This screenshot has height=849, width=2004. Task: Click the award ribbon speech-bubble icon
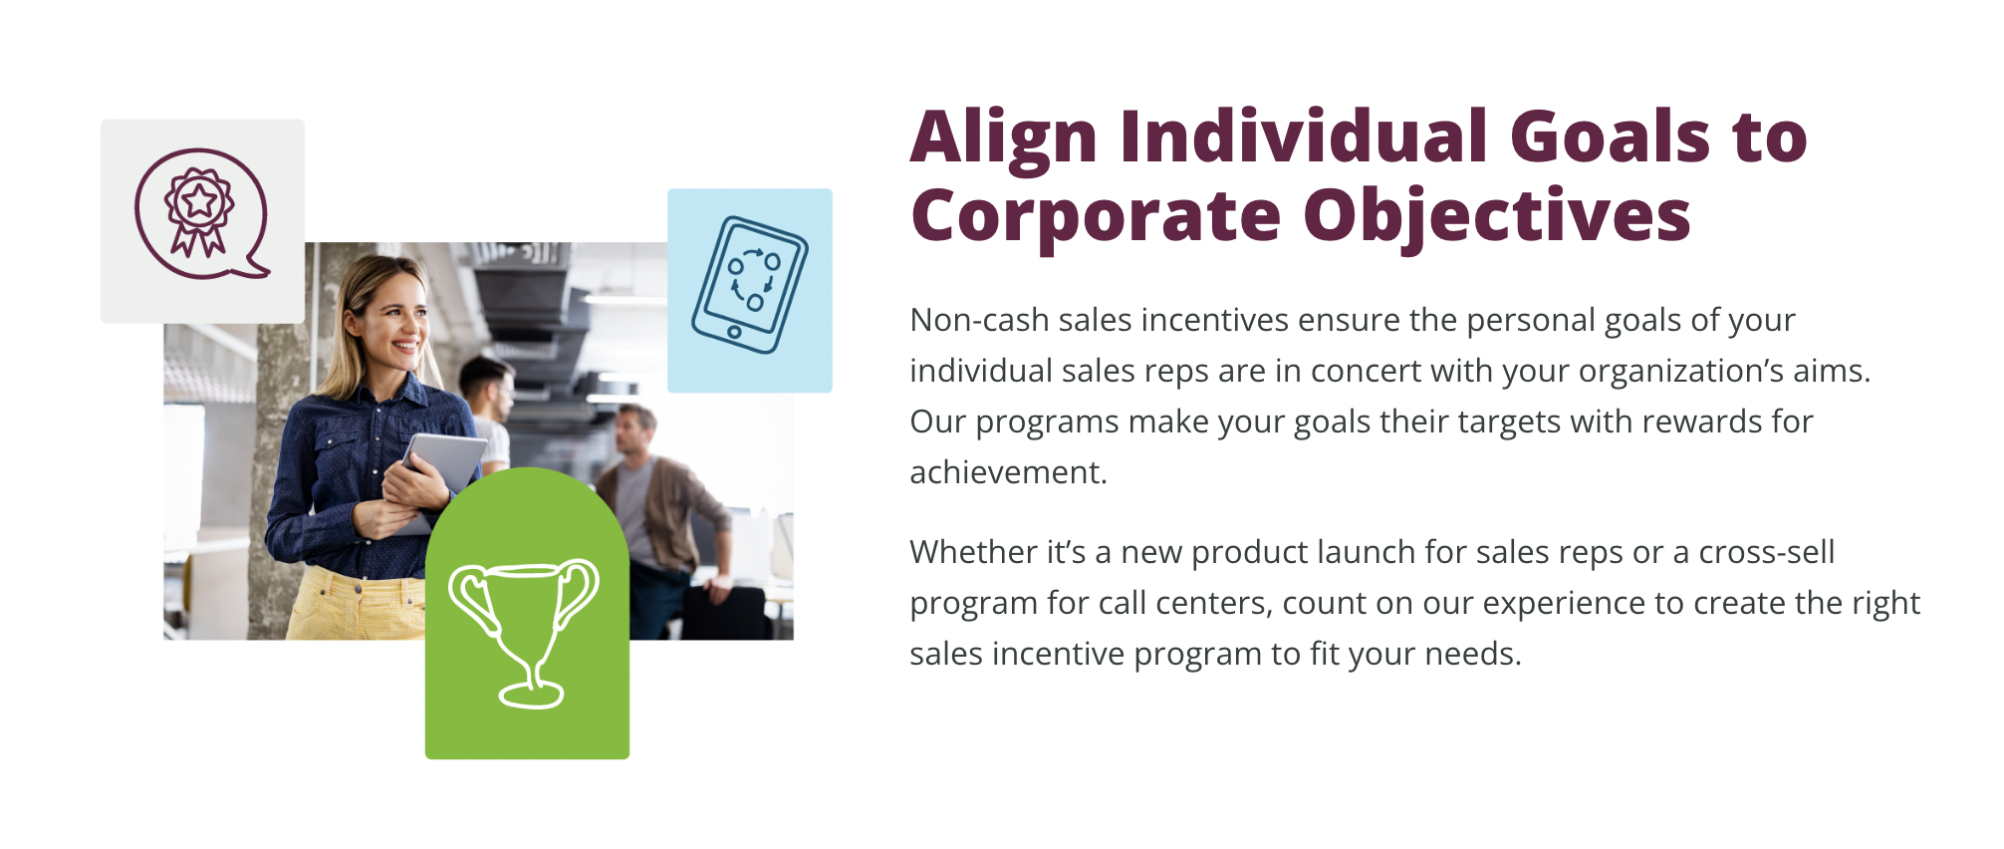202,214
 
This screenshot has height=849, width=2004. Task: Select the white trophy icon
524,634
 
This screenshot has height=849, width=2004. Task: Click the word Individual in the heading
1304,137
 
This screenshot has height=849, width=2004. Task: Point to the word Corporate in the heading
1096,218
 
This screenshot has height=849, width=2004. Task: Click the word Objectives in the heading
1497,218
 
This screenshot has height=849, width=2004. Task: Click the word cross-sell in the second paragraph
1766,552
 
